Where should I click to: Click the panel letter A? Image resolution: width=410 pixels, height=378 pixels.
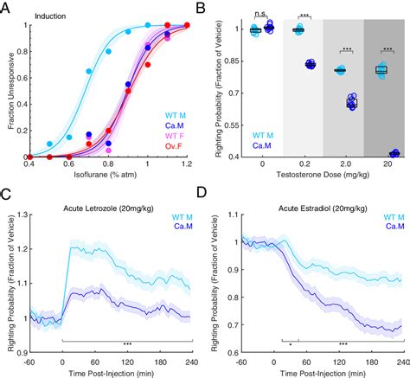[x=7, y=8]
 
